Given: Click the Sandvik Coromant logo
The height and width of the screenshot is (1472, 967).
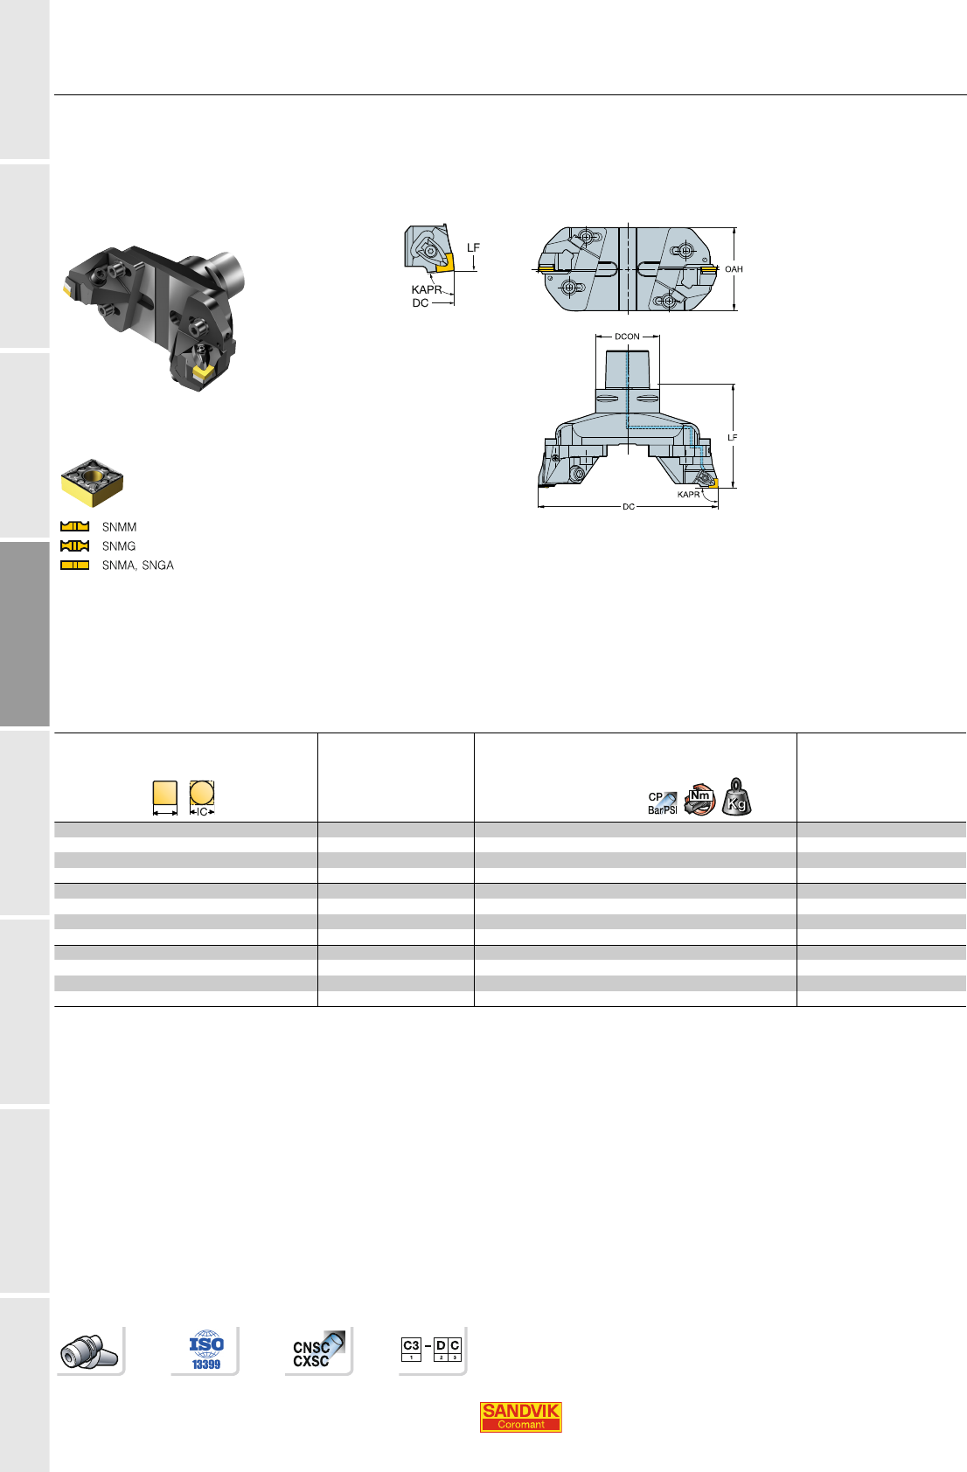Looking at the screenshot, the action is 520,1417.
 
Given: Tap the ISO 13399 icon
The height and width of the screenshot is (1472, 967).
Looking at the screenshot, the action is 205,1350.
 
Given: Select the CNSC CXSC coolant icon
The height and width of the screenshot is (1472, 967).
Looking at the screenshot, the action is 319,1350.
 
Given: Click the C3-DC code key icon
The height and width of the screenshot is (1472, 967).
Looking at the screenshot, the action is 431,1350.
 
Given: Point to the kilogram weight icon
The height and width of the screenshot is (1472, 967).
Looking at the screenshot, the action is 736,797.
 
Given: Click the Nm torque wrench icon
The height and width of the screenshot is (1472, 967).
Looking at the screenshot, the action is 699,800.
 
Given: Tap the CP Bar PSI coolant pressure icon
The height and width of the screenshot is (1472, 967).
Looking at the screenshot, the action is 662,803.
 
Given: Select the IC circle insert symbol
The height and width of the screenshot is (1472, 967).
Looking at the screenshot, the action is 202,798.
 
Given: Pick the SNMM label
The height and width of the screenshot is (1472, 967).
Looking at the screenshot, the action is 119,527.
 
